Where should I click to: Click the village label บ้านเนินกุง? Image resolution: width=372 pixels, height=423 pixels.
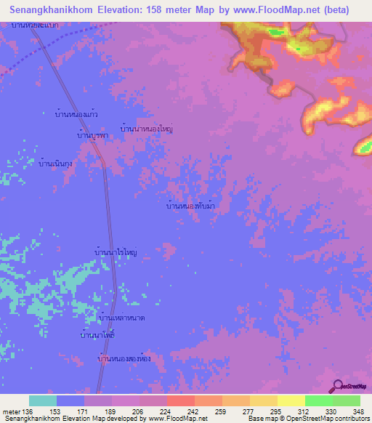tap(59, 164)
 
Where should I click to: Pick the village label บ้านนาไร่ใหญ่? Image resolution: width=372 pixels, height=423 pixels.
tap(116, 252)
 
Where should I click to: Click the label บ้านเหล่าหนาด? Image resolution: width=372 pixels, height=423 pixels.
tap(121, 318)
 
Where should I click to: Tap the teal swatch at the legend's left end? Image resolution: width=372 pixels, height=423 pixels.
tap(43, 400)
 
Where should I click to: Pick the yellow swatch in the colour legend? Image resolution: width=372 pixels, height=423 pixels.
tap(291, 400)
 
